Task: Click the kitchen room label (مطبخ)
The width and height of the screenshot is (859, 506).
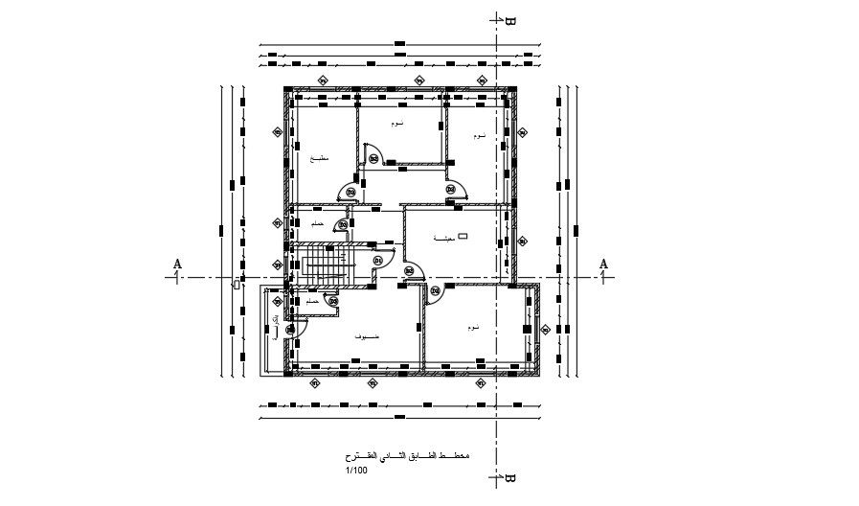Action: pos(320,159)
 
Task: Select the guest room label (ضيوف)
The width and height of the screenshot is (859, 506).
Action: pos(367,337)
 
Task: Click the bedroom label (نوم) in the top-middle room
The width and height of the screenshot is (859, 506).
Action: pos(396,125)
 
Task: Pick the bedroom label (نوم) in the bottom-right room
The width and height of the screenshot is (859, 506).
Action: pos(474,328)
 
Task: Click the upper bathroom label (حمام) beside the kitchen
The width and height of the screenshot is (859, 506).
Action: pos(316,223)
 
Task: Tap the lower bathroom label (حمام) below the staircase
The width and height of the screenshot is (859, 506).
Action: pos(312,301)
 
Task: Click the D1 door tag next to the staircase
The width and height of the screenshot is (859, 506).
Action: pos(378,260)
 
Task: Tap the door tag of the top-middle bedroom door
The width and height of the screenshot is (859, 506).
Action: pos(373,158)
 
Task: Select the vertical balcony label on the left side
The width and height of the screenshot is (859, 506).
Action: pos(277,326)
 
